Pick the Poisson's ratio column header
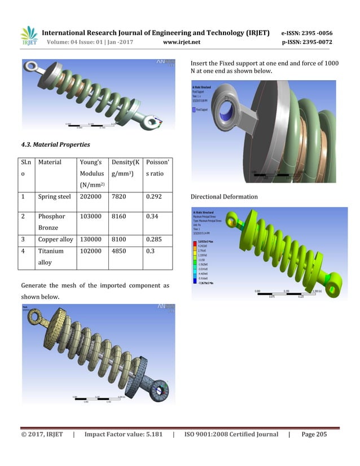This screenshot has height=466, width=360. (156, 168)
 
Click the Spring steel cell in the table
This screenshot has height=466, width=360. (55, 197)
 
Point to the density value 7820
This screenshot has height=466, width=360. (121, 197)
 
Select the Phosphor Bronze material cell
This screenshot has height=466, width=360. (51, 222)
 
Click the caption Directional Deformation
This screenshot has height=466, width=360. (225, 197)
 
